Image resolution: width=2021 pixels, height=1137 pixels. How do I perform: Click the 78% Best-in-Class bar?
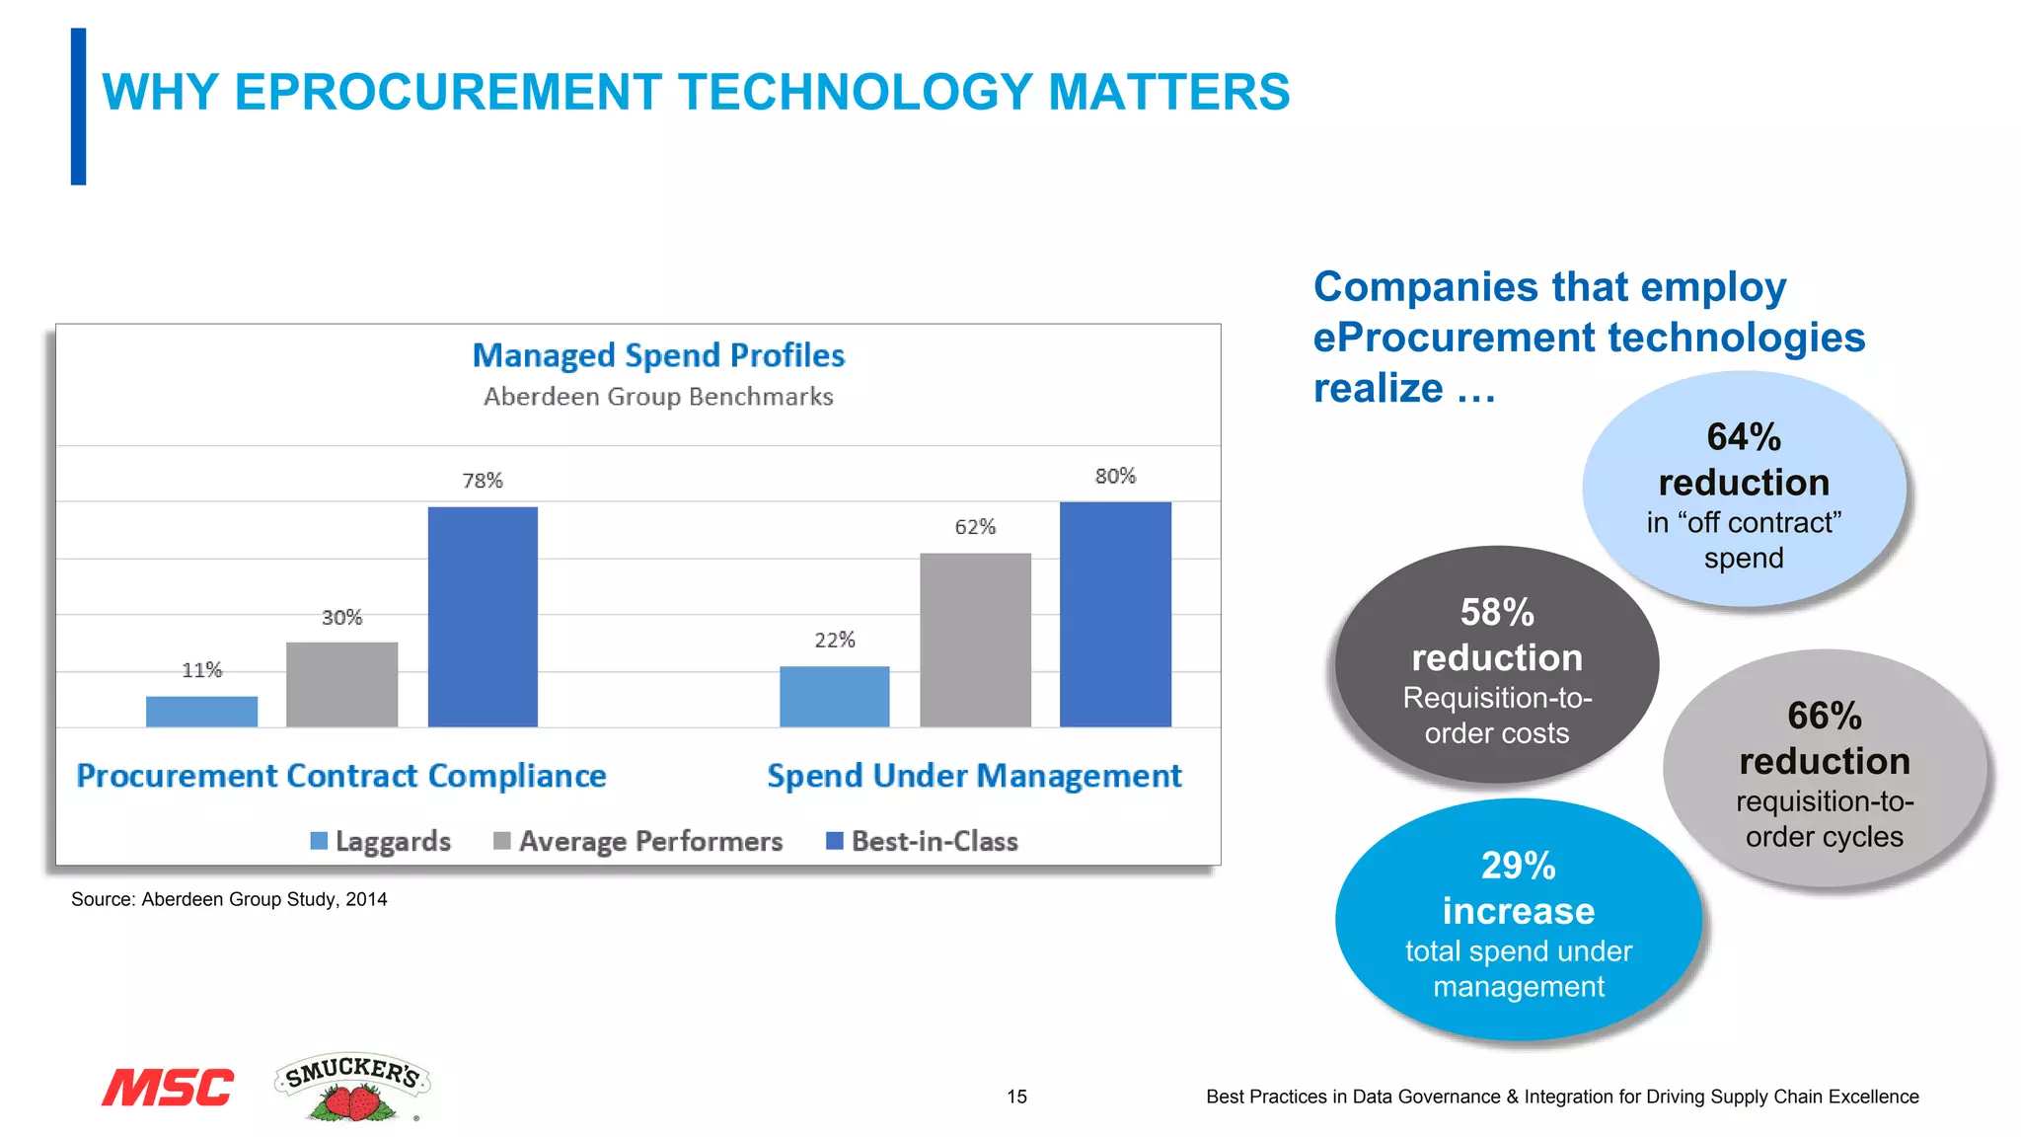click(x=483, y=617)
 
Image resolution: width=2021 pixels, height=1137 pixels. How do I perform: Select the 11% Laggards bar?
click(x=201, y=712)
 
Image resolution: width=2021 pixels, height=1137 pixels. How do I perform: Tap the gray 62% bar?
click(x=975, y=640)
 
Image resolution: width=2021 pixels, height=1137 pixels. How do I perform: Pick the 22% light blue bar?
click(x=834, y=697)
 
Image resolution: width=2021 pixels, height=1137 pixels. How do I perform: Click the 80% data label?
click(x=1115, y=477)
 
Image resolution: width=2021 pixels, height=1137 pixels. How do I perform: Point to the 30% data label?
click(x=341, y=618)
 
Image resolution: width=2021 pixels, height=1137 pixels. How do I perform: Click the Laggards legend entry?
click(x=381, y=841)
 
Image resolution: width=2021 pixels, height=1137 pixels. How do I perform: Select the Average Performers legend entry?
click(x=638, y=841)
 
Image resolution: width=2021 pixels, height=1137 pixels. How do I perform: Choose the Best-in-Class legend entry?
click(x=922, y=841)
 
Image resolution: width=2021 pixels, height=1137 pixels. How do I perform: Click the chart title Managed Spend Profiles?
click(x=658, y=355)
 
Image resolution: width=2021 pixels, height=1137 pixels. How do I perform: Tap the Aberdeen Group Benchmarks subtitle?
click(x=658, y=397)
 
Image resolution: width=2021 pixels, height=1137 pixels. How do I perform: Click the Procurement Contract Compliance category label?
click(x=341, y=776)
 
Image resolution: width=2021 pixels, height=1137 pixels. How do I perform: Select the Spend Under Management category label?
click(x=974, y=776)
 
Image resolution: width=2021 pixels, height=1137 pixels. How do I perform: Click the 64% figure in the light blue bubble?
click(x=1744, y=437)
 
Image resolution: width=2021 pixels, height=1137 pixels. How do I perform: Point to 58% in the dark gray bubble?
click(x=1497, y=613)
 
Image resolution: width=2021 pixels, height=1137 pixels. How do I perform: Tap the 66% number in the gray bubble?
click(x=1825, y=717)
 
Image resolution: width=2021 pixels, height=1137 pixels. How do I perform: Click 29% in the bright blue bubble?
click(x=1518, y=867)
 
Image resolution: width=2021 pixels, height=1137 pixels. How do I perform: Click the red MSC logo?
click(x=168, y=1088)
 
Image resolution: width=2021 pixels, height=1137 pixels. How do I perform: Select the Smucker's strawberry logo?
click(x=352, y=1087)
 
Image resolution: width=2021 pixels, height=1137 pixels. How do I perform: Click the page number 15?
click(x=1016, y=1097)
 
